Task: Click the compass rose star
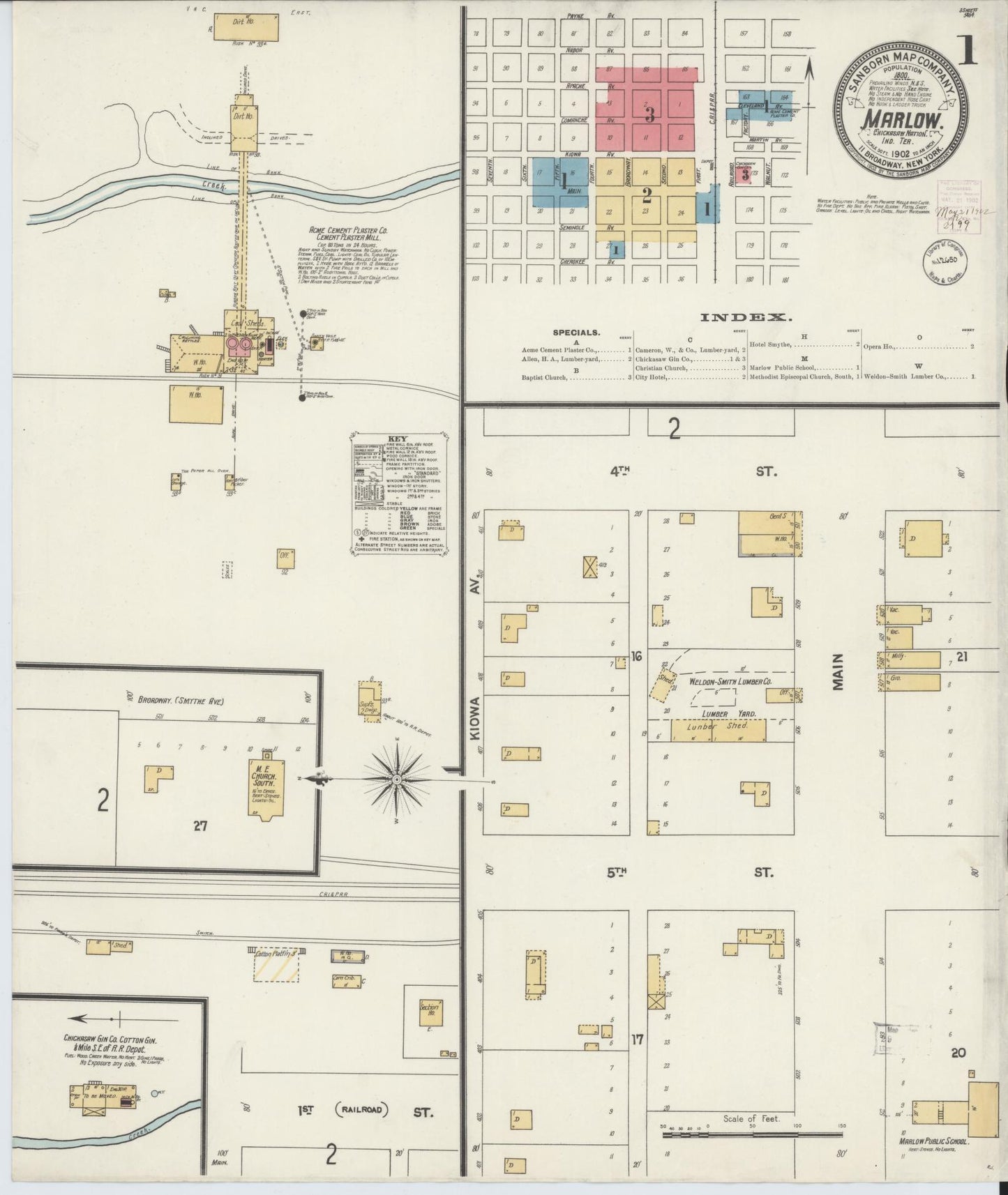(x=396, y=779)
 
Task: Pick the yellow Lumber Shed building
(x=718, y=729)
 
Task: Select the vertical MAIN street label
(x=838, y=671)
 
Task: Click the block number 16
(x=636, y=657)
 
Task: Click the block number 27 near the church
(x=201, y=826)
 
